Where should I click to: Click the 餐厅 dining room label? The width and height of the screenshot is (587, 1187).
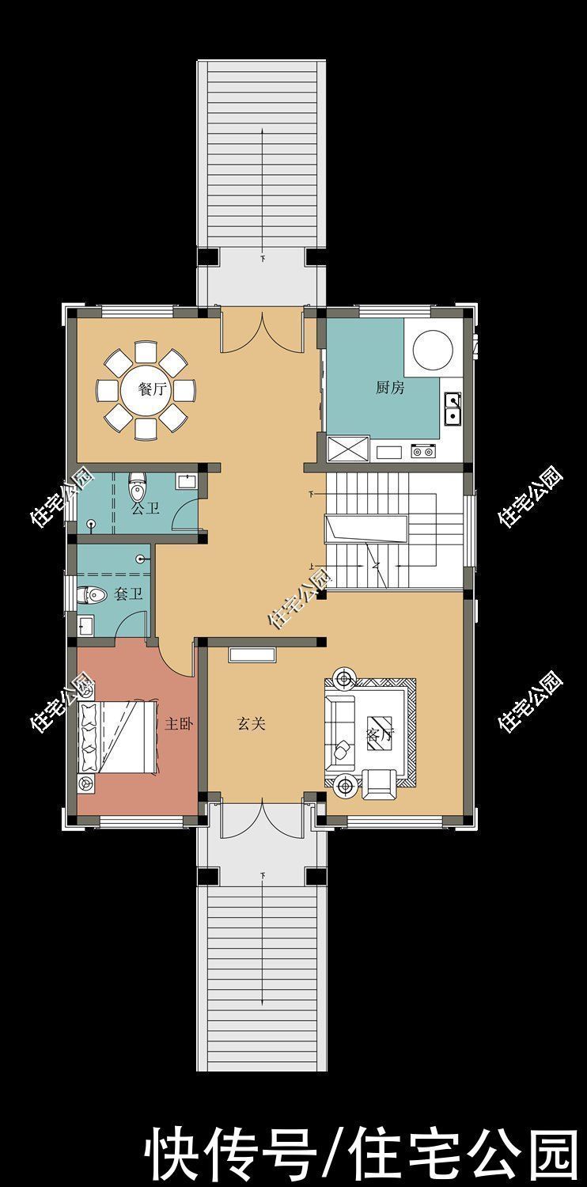pos(153,389)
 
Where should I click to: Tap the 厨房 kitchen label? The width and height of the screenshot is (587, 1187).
pos(390,388)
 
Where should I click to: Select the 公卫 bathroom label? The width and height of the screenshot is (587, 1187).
pos(145,510)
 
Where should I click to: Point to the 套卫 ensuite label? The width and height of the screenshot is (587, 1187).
pos(128,594)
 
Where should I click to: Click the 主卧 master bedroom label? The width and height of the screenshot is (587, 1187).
pos(179,724)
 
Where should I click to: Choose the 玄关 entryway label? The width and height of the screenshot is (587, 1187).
pos(251,724)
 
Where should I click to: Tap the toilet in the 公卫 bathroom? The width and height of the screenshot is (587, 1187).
pos(137,487)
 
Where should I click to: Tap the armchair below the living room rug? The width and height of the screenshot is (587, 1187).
pos(379,784)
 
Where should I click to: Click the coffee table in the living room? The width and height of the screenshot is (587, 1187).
pos(381,734)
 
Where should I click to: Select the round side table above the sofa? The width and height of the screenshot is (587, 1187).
pos(346,678)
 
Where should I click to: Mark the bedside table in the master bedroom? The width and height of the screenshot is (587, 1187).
pos(85,783)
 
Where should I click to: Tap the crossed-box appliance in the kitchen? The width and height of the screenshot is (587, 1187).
pos(348,449)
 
